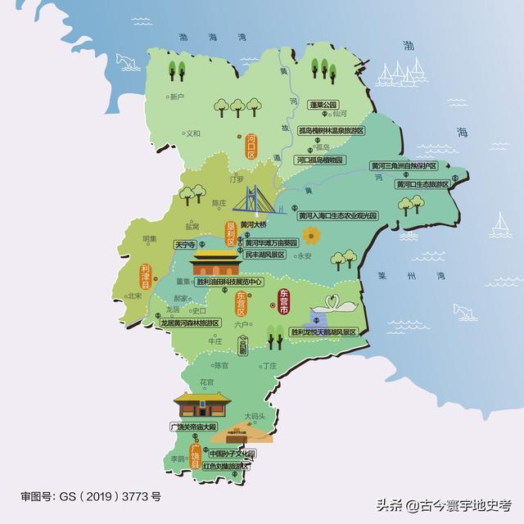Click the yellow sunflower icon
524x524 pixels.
pyautogui.click(x=310, y=237)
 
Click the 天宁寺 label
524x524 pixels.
pyautogui.click(x=186, y=245)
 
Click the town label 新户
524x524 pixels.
pyautogui.click(x=174, y=97)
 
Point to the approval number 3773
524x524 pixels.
pyautogui.click(x=137, y=496)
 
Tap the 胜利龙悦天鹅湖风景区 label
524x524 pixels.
pyautogui.click(x=324, y=332)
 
